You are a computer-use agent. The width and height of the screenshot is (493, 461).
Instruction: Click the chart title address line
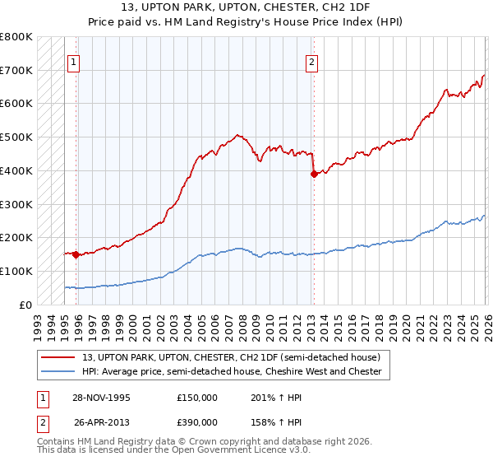click(246, 8)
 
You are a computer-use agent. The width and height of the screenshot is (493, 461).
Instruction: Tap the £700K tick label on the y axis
click(16, 70)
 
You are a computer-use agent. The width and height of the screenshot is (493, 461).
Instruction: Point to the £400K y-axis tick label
click(16, 170)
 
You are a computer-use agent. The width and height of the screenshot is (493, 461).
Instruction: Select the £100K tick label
click(16, 271)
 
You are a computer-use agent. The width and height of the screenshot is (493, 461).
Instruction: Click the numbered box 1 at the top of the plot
click(73, 61)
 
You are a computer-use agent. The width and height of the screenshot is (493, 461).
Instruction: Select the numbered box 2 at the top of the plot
click(312, 61)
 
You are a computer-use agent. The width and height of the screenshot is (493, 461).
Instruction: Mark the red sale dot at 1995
click(76, 254)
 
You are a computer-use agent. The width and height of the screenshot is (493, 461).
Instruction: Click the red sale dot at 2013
click(313, 174)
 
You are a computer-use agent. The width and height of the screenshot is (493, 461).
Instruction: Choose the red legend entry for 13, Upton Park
click(231, 358)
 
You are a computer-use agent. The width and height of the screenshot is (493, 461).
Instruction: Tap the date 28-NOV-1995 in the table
click(102, 398)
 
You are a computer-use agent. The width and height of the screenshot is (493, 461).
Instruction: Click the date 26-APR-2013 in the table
click(102, 421)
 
